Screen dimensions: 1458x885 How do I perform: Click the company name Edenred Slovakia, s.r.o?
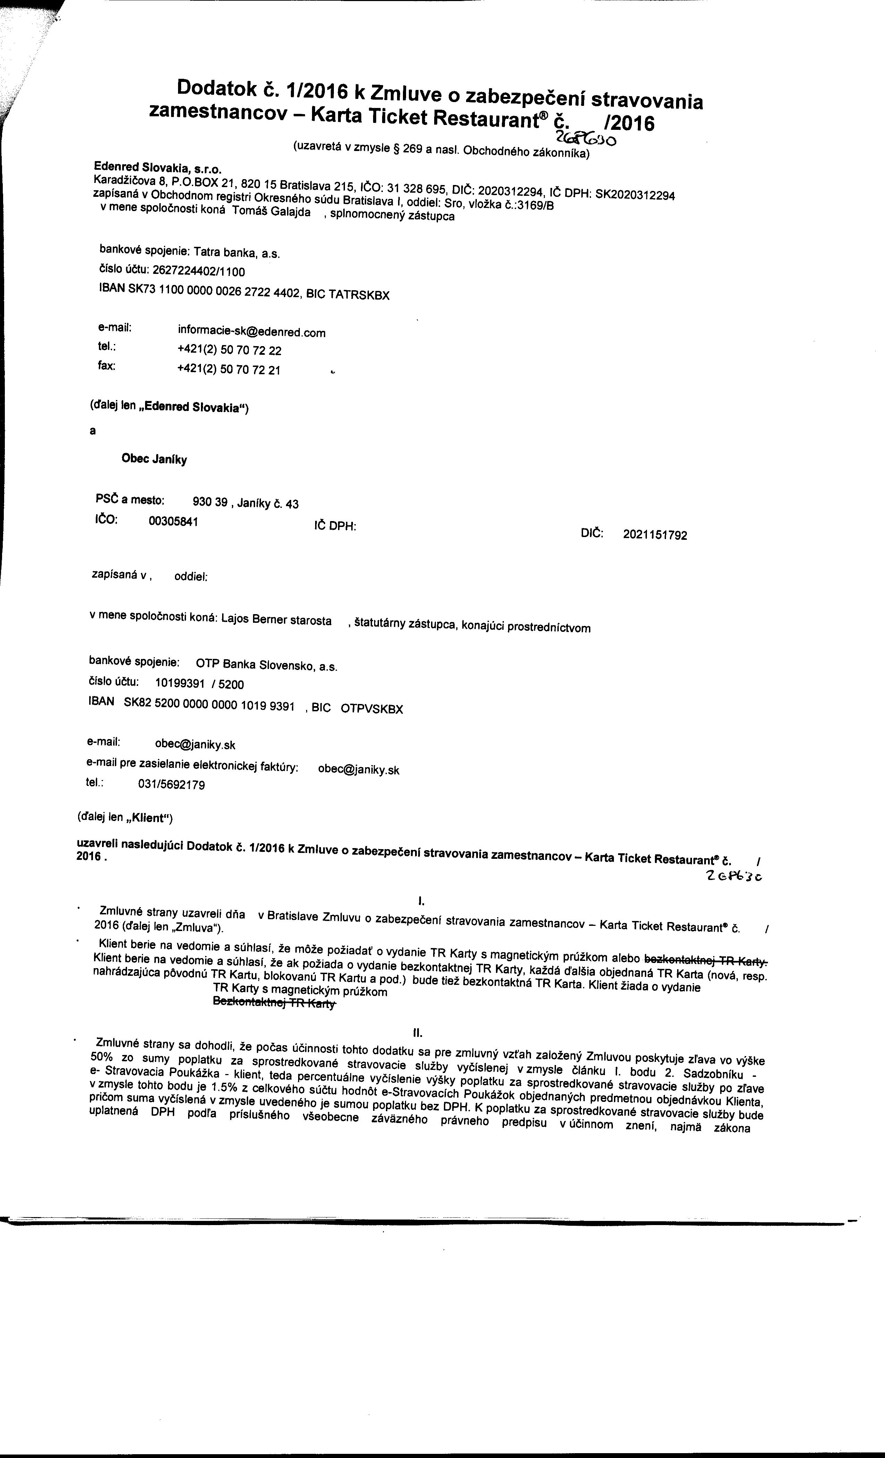tap(157, 167)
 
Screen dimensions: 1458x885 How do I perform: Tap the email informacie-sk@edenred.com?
tap(251, 332)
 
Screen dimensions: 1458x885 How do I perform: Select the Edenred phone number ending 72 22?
tap(229, 350)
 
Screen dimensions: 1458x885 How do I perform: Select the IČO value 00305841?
tap(173, 522)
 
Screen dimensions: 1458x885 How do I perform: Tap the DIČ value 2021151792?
tap(655, 535)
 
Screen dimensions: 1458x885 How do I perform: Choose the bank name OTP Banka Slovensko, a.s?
tap(266, 665)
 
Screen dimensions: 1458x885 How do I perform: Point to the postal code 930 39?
tap(210, 502)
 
